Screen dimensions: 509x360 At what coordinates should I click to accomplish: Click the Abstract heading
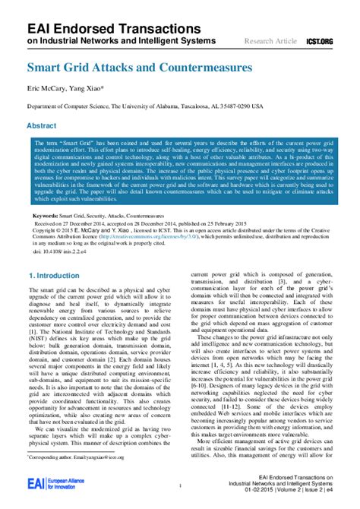point(42,125)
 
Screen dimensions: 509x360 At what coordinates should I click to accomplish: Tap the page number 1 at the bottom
point(179,485)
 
